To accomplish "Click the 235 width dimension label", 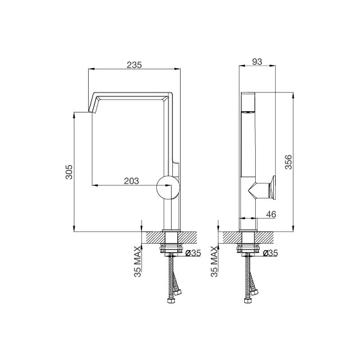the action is tap(134, 65).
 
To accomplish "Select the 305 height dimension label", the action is tap(69, 172).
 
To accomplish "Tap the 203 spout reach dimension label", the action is tap(132, 181).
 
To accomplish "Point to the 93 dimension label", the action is tap(257, 62).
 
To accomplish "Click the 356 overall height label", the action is tap(289, 162).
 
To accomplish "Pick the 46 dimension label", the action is tap(271, 214).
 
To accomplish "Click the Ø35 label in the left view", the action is tap(193, 253).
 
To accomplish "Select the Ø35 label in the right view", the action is tap(270, 253).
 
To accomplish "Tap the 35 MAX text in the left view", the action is tap(138, 262).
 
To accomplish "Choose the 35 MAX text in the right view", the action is tap(214, 262).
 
